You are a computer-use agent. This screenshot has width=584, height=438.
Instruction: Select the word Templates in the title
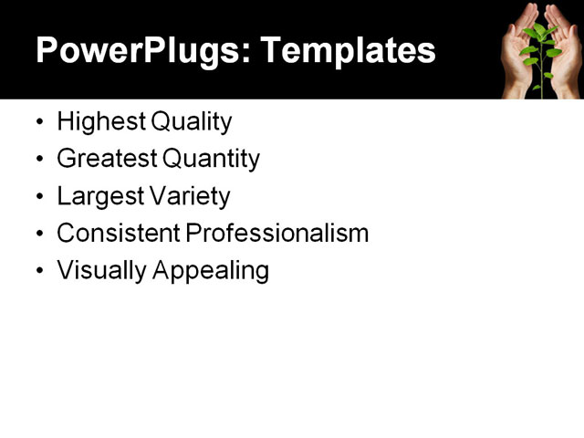pyautogui.click(x=348, y=50)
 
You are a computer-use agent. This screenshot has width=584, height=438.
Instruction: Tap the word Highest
pyautogui.click(x=95, y=122)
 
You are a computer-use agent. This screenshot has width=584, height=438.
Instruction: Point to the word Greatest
pyautogui.click(x=106, y=159)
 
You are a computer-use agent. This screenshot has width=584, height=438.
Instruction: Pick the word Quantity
pyautogui.click(x=211, y=160)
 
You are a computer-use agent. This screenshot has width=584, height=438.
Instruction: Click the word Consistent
pyautogui.click(x=118, y=234)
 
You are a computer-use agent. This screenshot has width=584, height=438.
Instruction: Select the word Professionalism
pyautogui.click(x=277, y=234)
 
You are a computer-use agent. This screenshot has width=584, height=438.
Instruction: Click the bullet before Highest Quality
pyautogui.click(x=39, y=122)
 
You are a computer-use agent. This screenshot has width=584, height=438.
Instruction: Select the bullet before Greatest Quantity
pyautogui.click(x=39, y=160)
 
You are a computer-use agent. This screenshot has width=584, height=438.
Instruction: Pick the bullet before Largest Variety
pyautogui.click(x=39, y=197)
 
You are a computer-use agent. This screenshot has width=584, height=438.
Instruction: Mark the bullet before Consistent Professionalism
pyautogui.click(x=39, y=235)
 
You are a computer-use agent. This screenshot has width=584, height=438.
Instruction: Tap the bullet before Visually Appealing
pyautogui.click(x=39, y=272)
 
